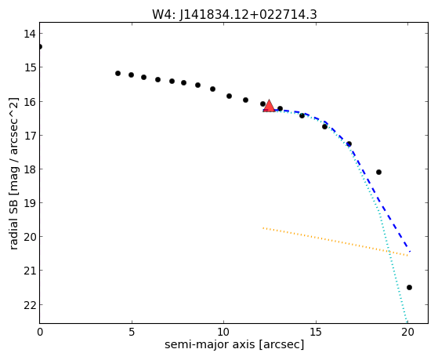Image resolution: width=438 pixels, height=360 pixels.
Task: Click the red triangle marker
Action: [x=269, y=106]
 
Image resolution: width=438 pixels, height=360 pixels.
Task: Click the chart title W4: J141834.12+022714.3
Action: [x=234, y=15]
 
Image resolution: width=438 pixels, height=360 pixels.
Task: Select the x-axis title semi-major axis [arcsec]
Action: [x=234, y=344]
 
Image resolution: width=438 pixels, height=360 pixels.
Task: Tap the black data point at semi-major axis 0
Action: [x=40, y=46]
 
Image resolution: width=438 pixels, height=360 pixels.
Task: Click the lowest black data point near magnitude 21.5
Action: [x=409, y=287]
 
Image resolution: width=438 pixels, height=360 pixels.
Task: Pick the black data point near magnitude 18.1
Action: [x=378, y=172]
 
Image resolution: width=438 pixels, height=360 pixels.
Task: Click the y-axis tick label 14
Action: [x=30, y=34]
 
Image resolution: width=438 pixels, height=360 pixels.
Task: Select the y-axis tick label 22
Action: [x=30, y=305]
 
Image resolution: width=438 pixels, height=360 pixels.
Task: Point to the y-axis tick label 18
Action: [x=30, y=169]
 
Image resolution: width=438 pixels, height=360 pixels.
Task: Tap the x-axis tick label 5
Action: [x=132, y=332]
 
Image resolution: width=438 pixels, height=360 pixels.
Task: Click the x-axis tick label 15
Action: [x=316, y=332]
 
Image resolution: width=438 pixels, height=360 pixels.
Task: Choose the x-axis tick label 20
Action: [x=407, y=332]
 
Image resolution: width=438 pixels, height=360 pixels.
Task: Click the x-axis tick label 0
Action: [x=40, y=332]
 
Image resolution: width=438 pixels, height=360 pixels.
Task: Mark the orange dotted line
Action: [x=335, y=242]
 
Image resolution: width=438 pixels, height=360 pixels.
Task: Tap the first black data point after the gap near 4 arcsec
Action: [x=118, y=73]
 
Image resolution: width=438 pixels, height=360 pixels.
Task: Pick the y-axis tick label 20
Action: [x=30, y=237]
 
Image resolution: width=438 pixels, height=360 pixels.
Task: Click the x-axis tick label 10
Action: [x=223, y=332]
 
